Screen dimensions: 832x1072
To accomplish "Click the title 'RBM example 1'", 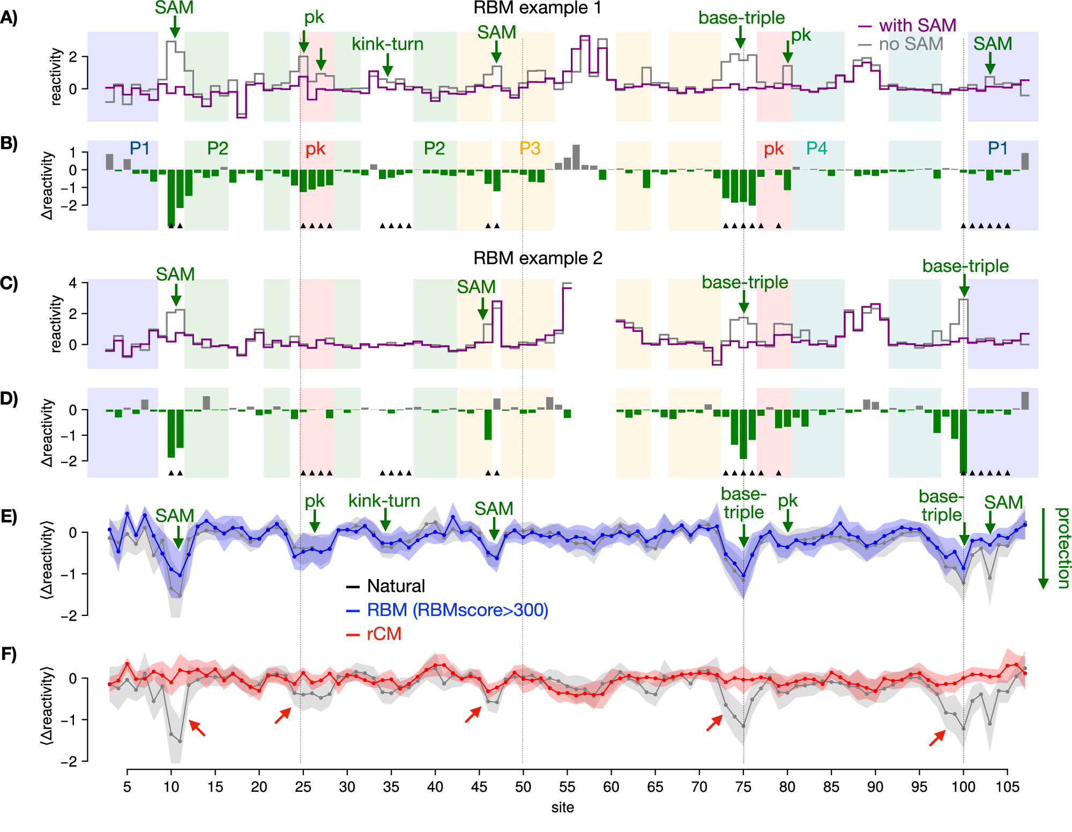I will [x=537, y=8].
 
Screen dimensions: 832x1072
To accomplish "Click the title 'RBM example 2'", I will [x=537, y=258].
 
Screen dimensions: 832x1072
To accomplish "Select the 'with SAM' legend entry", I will [x=917, y=25].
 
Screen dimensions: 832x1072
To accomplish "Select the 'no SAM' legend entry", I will [x=910, y=44].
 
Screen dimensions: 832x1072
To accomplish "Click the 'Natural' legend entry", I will [x=396, y=586].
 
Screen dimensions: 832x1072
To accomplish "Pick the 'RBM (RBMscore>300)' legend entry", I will [x=457, y=610].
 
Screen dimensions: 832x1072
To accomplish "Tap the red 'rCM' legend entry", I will [x=384, y=634].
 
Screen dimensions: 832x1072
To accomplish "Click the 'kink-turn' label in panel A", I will [x=388, y=44].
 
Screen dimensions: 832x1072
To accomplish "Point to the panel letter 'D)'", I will [x=9, y=399].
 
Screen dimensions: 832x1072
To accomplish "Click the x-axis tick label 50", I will [x=523, y=787].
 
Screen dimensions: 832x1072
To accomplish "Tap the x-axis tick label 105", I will [x=1007, y=787].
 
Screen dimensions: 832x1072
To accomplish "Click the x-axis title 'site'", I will [x=562, y=808].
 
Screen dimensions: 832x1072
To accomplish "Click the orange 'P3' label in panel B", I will [x=530, y=148].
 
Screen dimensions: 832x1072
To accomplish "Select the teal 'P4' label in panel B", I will [x=816, y=148].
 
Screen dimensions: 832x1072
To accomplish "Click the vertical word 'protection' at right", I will [x=1062, y=548].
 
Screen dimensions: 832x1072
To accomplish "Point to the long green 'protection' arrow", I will [x=1043, y=548].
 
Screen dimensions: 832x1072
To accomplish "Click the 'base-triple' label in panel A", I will [x=741, y=18].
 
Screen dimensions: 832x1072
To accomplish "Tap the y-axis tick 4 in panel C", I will [x=73, y=283].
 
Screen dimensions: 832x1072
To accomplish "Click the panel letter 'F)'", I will [x=9, y=654].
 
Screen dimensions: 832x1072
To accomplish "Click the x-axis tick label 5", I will [x=127, y=787].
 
